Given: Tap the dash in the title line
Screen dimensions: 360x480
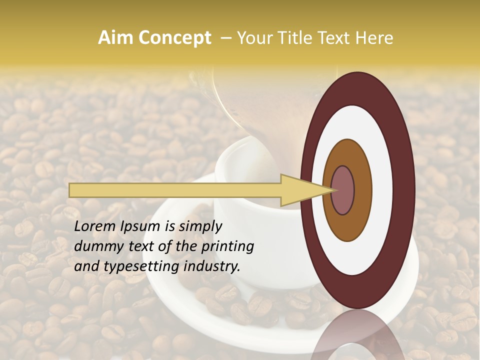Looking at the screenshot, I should click(225, 38).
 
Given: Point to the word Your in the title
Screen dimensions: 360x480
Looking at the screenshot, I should click(255, 38).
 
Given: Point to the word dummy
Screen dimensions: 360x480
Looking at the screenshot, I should click(95, 246).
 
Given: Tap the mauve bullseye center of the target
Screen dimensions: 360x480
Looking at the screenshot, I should click(343, 190).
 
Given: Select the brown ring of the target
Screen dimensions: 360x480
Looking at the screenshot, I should click(362, 190).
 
